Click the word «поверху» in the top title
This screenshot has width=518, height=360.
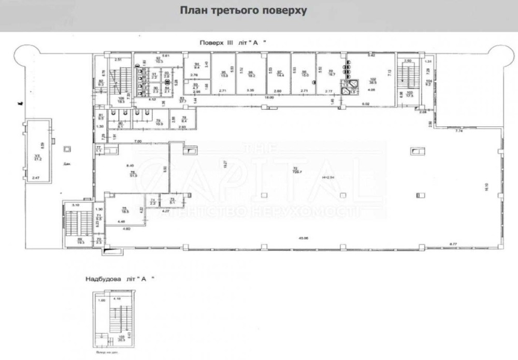(x=284, y=11)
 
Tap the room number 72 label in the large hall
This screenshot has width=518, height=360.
(x=295, y=168)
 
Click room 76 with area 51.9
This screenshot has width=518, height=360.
(x=132, y=174)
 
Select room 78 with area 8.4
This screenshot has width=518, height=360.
(x=184, y=120)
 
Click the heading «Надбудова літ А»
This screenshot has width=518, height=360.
(x=120, y=279)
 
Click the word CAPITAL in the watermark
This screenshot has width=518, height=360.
(x=259, y=176)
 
